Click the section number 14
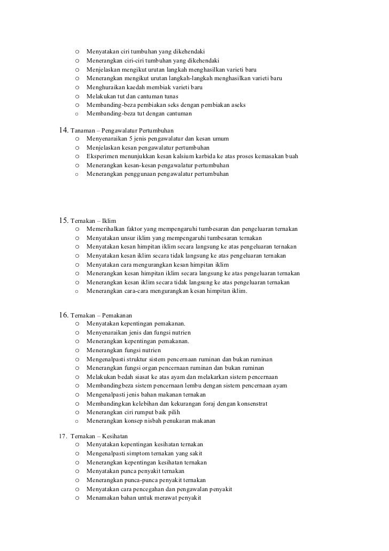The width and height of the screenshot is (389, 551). click(63, 130)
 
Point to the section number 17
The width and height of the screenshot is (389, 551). click(63, 436)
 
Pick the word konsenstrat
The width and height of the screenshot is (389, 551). click(248, 403)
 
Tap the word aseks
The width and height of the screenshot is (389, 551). click(237, 105)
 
